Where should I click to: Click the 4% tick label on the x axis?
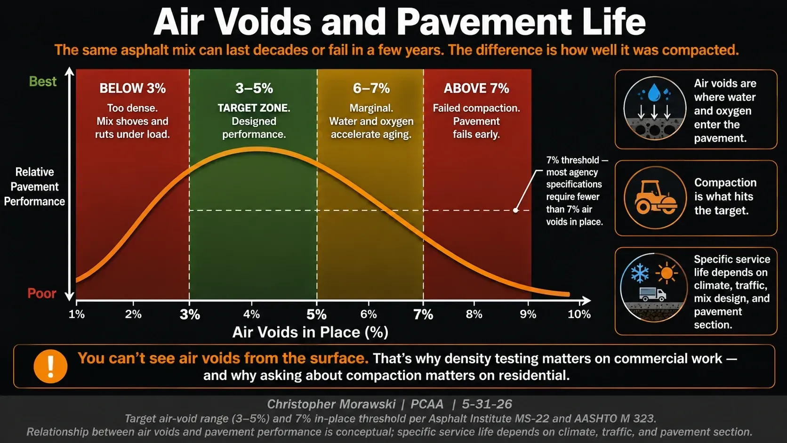251,314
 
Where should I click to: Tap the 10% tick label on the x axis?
579,314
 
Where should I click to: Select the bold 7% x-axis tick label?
423,314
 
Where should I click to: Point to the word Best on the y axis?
42,81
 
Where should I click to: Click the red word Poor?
42,293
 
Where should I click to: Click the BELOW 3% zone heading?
132,88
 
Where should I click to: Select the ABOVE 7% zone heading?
476,88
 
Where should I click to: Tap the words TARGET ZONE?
254,108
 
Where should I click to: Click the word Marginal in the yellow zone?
371,108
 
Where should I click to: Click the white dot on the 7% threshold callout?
515,210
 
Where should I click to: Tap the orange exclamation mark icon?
50,366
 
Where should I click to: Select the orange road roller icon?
655,197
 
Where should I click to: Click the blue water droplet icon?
654,92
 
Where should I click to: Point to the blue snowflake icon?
640,273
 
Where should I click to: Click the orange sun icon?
667,273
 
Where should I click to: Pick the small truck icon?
652,294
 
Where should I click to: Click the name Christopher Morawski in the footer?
331,404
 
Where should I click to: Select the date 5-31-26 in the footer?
487,404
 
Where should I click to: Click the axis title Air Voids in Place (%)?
310,332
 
